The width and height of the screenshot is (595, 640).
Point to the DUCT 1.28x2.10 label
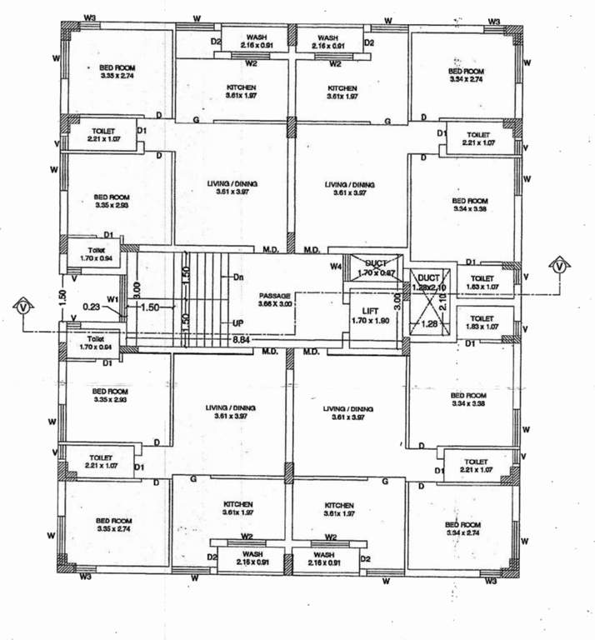(428, 282)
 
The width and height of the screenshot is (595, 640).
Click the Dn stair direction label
(238, 277)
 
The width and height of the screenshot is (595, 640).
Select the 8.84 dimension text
(242, 339)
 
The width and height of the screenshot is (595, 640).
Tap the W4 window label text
(335, 267)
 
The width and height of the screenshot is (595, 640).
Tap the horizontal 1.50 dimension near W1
(149, 307)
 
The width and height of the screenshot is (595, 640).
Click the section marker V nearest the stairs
(23, 307)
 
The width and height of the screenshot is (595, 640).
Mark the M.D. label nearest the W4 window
(312, 249)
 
